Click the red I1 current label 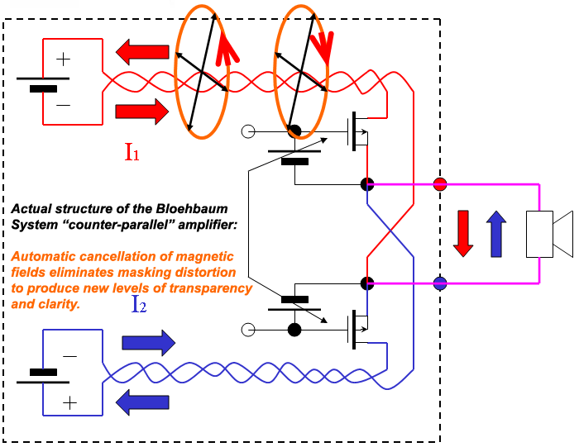coord(133,152)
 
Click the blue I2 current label coord(141,304)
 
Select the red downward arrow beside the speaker coord(463,233)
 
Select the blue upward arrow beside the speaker coord(495,233)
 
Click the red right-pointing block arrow coord(141,111)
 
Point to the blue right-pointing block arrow coord(148,342)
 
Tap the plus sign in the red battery coord(64,59)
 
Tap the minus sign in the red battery coord(64,105)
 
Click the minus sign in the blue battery coord(70,356)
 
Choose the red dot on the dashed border coord(440,183)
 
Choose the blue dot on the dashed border coord(440,283)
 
